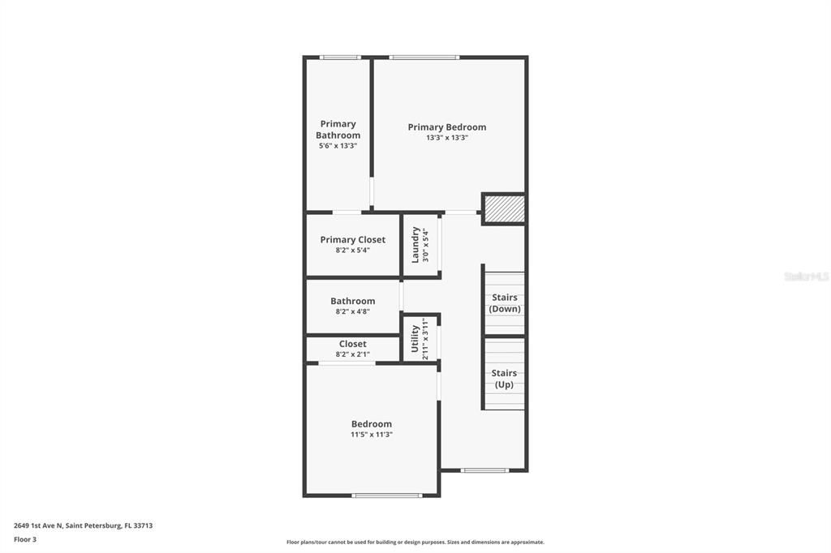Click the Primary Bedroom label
pos(446,127)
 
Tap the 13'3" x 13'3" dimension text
pos(446,138)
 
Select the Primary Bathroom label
pos(338,130)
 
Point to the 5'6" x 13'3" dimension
pos(338,146)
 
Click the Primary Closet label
pos(352,240)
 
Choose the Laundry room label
pos(415,245)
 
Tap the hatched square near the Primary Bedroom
pos(504,209)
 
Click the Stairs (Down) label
pos(505,303)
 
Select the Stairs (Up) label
pos(505,379)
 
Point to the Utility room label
pos(415,339)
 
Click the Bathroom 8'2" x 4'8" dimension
pos(352,311)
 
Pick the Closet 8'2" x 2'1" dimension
pos(352,354)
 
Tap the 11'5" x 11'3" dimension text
pos(371,435)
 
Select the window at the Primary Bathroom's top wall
pos(339,58)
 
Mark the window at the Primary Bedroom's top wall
pos(424,58)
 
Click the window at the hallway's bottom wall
pos(484,470)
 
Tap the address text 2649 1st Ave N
pos(83,525)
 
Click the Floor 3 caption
pos(25,539)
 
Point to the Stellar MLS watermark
pos(806,276)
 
